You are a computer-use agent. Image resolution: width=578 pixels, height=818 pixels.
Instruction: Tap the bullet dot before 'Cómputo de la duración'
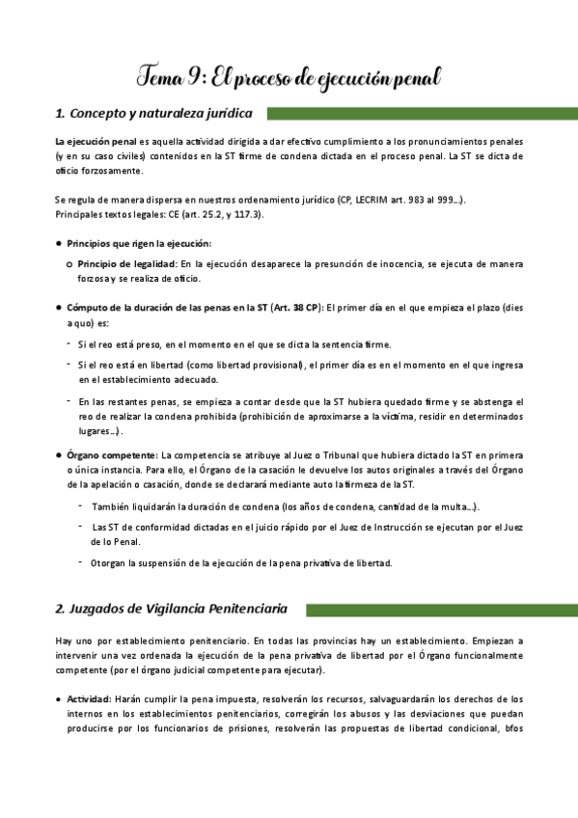60,307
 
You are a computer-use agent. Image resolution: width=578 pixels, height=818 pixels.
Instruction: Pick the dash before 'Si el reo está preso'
69,343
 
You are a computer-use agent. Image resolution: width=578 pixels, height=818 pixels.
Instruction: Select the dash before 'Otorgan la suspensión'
81,561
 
